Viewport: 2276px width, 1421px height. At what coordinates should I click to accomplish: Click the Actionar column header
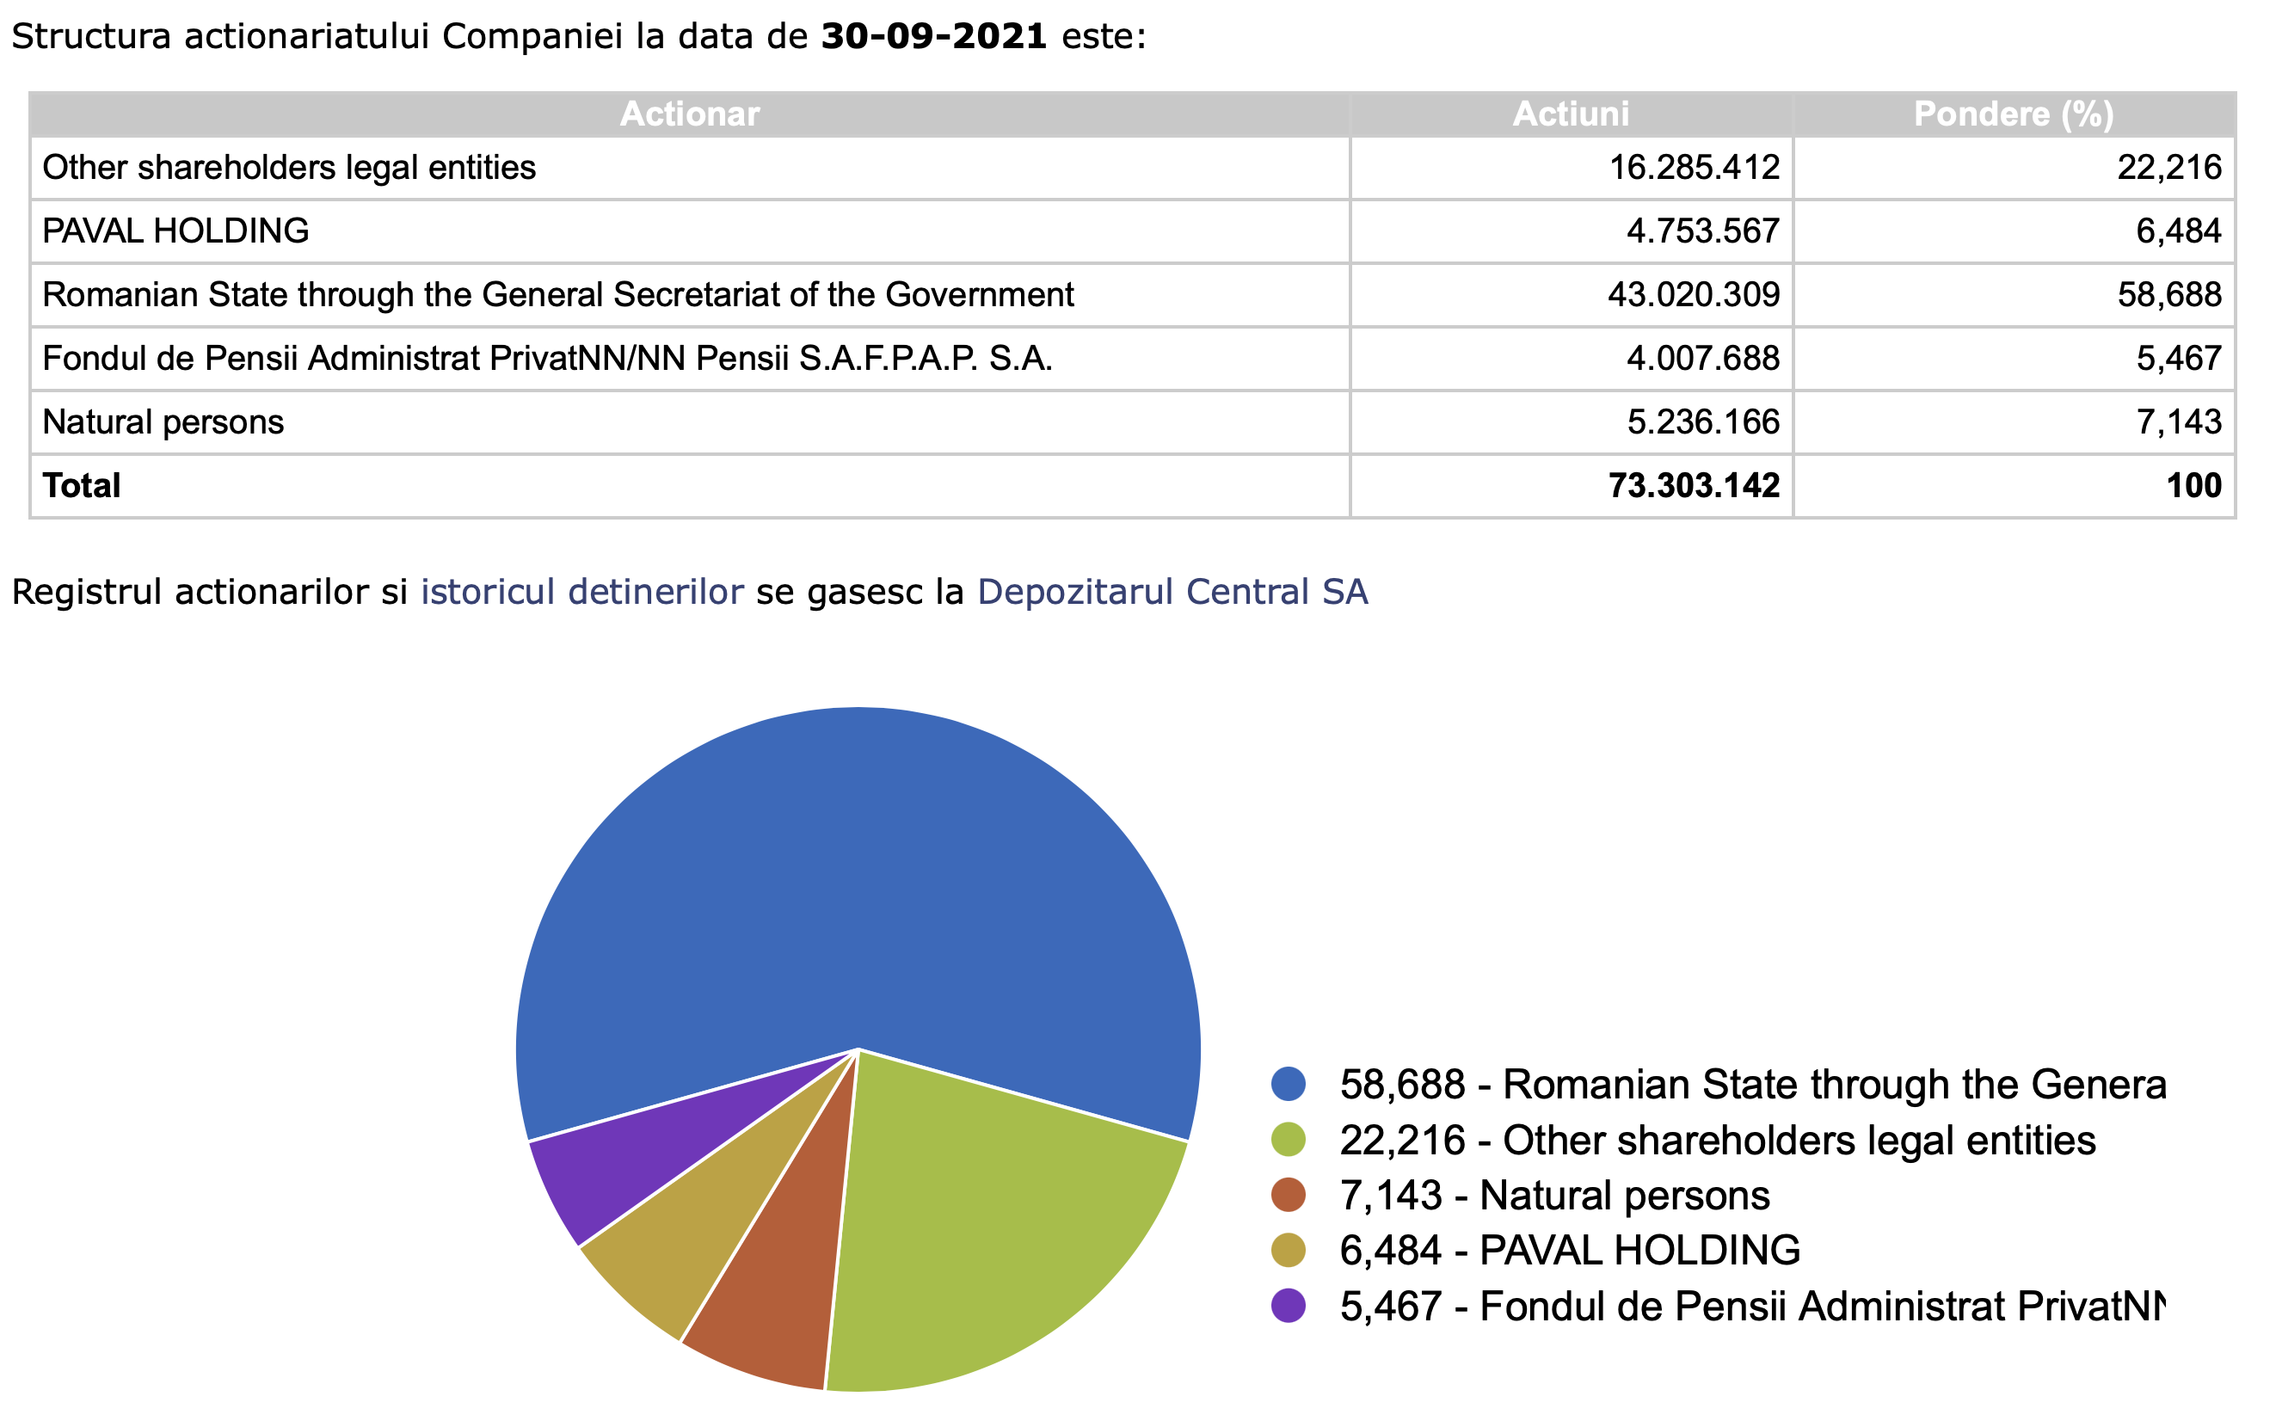689,114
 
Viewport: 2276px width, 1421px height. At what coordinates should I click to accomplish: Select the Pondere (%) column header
2013,114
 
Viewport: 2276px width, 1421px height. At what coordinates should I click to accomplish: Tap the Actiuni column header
1571,114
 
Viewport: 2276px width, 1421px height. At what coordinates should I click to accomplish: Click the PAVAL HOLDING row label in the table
175,231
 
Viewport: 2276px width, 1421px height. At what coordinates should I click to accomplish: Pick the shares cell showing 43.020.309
1694,295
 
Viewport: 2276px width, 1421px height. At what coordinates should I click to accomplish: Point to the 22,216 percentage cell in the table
2168,167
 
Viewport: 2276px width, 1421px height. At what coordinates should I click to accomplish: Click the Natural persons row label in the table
163,422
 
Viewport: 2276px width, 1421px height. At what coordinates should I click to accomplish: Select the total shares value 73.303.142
1694,486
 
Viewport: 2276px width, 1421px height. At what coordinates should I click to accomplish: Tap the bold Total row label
82,486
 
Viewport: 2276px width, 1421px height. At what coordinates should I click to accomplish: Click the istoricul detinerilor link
581,592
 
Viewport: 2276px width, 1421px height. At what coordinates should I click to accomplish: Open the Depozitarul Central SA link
1172,592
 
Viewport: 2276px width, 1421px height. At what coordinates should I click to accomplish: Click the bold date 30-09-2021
933,37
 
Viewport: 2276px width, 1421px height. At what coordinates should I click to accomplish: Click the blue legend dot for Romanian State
1289,1085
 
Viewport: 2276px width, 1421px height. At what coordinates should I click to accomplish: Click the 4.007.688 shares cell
1703,359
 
